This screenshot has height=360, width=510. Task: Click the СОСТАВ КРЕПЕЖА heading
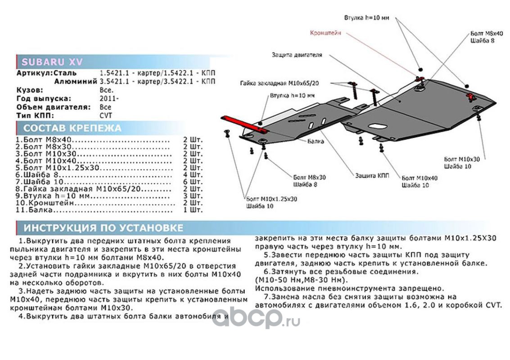click(72, 128)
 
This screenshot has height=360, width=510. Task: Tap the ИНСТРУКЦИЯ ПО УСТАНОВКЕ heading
click(103, 228)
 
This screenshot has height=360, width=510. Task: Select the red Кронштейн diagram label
click(325, 33)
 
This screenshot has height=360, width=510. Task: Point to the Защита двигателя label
click(297, 55)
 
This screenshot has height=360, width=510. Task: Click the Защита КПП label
click(372, 175)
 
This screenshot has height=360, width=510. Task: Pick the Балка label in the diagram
click(316, 141)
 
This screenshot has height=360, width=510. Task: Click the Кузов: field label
click(30, 90)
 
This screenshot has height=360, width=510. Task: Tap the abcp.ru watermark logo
click(256, 319)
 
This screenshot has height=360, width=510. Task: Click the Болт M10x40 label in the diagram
click(419, 178)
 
